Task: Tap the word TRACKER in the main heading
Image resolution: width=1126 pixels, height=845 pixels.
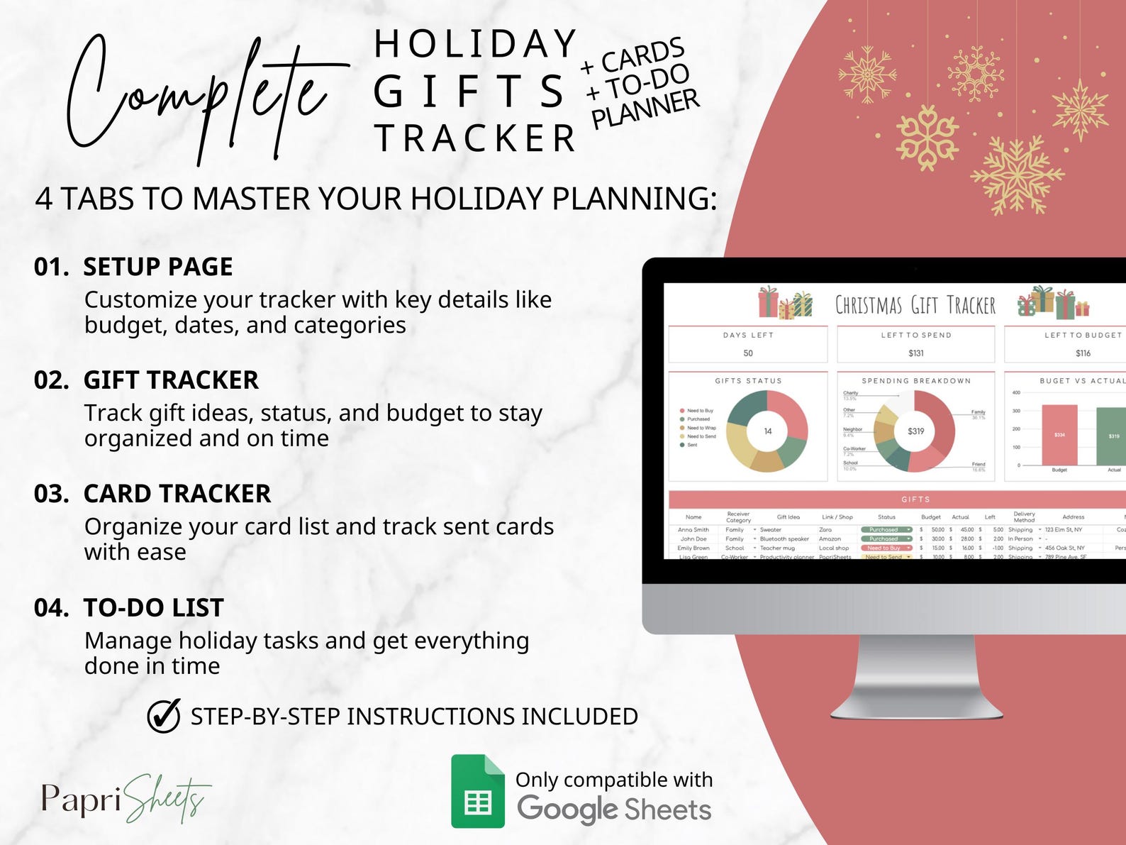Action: point(474,138)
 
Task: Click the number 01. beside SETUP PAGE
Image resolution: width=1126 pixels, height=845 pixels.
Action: point(52,267)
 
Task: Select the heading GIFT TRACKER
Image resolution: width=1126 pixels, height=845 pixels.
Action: point(171,380)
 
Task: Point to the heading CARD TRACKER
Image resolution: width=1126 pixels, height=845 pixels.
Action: point(177,494)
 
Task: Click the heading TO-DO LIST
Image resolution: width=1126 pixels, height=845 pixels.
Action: point(153,608)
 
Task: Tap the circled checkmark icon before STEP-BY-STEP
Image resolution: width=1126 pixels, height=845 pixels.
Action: point(164,716)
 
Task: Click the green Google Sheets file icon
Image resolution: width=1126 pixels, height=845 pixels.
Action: point(477,791)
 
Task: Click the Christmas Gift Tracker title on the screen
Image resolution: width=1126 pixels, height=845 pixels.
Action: point(915,305)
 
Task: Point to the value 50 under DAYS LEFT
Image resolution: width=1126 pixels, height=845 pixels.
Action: point(748,353)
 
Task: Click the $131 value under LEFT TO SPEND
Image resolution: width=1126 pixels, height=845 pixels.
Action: point(915,353)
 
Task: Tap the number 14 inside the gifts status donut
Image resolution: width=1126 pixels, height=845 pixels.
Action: point(768,431)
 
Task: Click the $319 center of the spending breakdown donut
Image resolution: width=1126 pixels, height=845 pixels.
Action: point(915,431)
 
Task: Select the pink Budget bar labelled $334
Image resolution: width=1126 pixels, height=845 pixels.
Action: point(1059,435)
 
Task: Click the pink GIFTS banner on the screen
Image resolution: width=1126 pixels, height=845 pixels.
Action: point(915,499)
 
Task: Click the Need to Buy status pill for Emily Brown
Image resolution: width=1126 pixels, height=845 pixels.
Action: point(885,548)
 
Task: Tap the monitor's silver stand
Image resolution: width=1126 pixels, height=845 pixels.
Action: point(915,674)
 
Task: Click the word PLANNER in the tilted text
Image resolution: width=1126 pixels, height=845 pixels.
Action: point(645,109)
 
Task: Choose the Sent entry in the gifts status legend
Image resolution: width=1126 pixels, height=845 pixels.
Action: point(691,445)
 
